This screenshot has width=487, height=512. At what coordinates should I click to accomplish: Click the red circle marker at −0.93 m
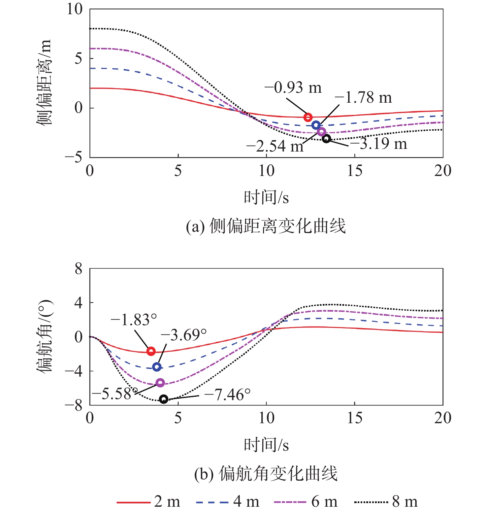coord(308,117)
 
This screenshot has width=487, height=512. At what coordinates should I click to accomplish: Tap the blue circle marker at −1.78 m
coord(316,125)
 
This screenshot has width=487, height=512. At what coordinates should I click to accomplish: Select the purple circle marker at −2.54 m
coord(321,132)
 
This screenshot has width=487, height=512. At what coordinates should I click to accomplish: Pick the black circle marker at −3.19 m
coord(326,139)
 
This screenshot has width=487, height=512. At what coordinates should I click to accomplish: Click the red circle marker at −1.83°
coord(151,351)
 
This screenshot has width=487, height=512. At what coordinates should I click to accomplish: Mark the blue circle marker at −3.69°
coord(157,367)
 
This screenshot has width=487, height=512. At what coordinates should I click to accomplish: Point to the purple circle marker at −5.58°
coord(160,383)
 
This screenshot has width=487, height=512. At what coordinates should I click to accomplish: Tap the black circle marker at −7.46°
coord(164,399)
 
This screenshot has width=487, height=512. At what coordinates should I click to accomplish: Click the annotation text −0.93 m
coord(293,88)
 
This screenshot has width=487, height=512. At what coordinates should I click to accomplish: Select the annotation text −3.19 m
coord(378,144)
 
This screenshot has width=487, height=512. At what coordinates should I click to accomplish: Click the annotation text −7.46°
coord(227,394)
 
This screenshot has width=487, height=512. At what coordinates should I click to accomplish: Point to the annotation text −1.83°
coord(134,320)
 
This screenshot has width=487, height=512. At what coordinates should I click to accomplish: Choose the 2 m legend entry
coord(148,502)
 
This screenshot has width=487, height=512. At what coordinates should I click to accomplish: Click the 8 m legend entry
coord(386,502)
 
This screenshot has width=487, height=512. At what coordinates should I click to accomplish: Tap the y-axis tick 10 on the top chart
coord(75,9)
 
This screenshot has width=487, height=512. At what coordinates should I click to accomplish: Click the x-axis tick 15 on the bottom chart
coord(355,418)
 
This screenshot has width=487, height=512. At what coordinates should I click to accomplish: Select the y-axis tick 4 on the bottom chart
coord(78,303)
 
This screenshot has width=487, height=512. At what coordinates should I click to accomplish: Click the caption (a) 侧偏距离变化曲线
coord(266,226)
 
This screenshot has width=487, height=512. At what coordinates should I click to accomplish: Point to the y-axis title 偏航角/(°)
coord(44,336)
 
